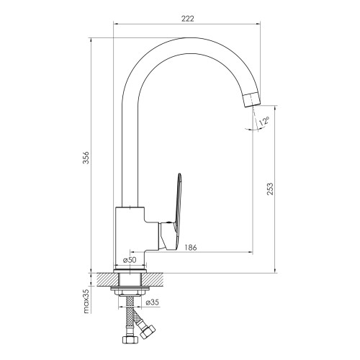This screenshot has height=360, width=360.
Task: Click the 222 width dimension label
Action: (x=187, y=19)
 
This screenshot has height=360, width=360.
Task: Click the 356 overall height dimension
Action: (x=86, y=158)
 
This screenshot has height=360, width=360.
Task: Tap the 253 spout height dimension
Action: (x=270, y=189)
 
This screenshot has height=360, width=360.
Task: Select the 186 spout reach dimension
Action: (x=191, y=248)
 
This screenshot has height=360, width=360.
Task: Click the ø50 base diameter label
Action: (x=130, y=260)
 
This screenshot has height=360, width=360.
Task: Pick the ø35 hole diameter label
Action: (x=153, y=302)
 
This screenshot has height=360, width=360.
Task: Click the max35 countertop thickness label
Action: (x=86, y=301)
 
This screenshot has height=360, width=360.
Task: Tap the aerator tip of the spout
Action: (x=252, y=100)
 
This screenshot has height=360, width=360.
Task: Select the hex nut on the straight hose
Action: (x=130, y=340)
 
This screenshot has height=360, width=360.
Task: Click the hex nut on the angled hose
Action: (x=148, y=332)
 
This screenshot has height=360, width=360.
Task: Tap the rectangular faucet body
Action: (x=130, y=238)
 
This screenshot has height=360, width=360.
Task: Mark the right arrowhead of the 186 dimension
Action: (x=251, y=252)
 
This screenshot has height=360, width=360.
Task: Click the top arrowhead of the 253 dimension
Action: (x=275, y=108)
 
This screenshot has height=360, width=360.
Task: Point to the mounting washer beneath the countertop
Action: (x=130, y=288)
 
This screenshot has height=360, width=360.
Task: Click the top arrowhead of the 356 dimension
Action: (x=91, y=40)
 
